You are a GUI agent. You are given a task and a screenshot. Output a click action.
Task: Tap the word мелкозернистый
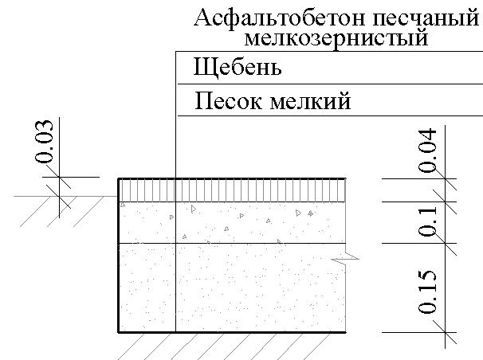[334, 37]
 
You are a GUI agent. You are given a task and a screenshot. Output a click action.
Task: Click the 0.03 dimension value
[45, 142]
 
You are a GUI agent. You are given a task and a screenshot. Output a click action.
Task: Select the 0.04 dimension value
[429, 150]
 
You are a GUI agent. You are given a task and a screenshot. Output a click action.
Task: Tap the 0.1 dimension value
[429, 221]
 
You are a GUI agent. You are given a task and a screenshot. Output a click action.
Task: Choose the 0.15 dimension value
[429, 292]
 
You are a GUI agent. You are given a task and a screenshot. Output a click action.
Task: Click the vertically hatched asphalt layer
[231, 190]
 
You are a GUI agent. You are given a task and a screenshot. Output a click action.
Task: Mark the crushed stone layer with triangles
[231, 221]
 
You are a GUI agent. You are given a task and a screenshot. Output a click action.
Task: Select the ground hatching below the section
[231, 344]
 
